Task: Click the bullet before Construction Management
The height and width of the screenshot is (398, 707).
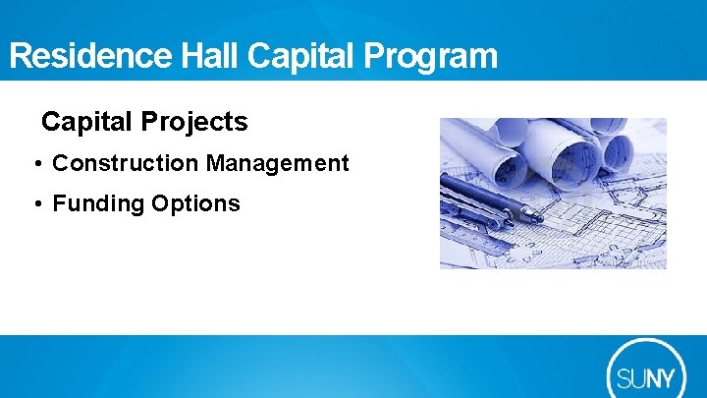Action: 36,164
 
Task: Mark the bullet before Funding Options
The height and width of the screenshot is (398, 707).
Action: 36,204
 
